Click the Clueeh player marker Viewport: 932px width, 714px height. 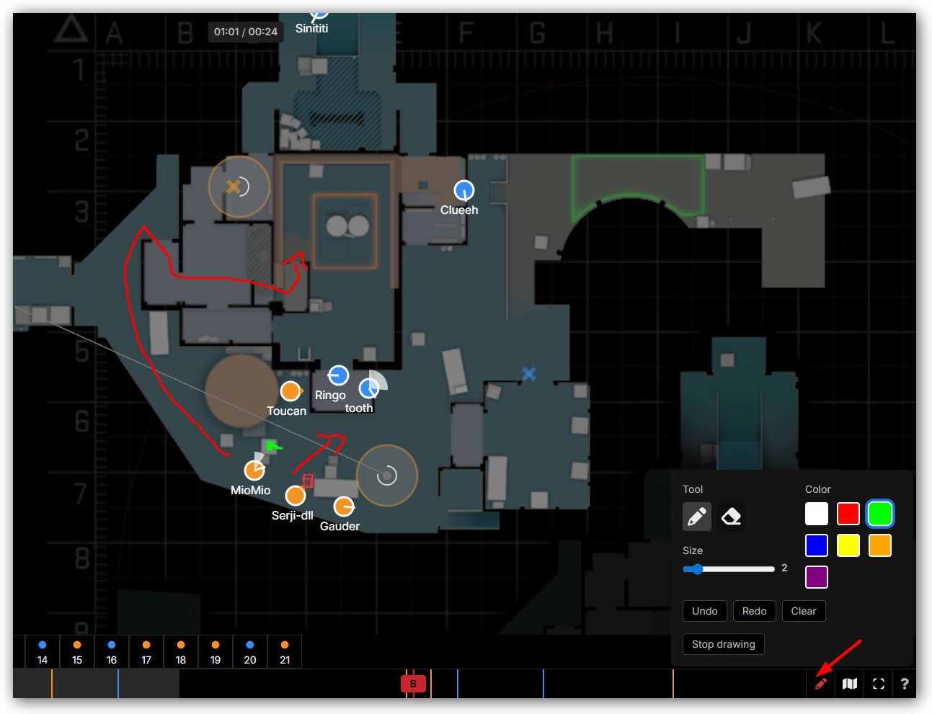[464, 190]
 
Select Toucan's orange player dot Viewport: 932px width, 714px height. [290, 391]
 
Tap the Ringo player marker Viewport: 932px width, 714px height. [338, 375]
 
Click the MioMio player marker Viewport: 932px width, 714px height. [254, 470]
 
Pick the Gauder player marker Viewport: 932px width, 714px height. [344, 507]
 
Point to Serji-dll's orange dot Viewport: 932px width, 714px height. [296, 496]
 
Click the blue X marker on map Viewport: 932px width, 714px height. [529, 373]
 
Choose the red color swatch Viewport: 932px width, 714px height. [848, 514]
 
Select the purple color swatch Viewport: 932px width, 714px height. [816, 577]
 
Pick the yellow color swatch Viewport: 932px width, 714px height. [848, 545]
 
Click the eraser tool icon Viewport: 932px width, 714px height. [731, 517]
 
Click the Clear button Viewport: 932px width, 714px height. [803, 611]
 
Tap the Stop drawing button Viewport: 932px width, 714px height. [723, 644]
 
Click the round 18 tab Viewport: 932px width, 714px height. [181, 652]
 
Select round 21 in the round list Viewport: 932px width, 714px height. [285, 652]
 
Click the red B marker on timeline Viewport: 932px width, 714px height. [413, 684]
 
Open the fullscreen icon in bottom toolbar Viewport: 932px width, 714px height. [878, 684]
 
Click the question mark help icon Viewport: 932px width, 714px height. [905, 684]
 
